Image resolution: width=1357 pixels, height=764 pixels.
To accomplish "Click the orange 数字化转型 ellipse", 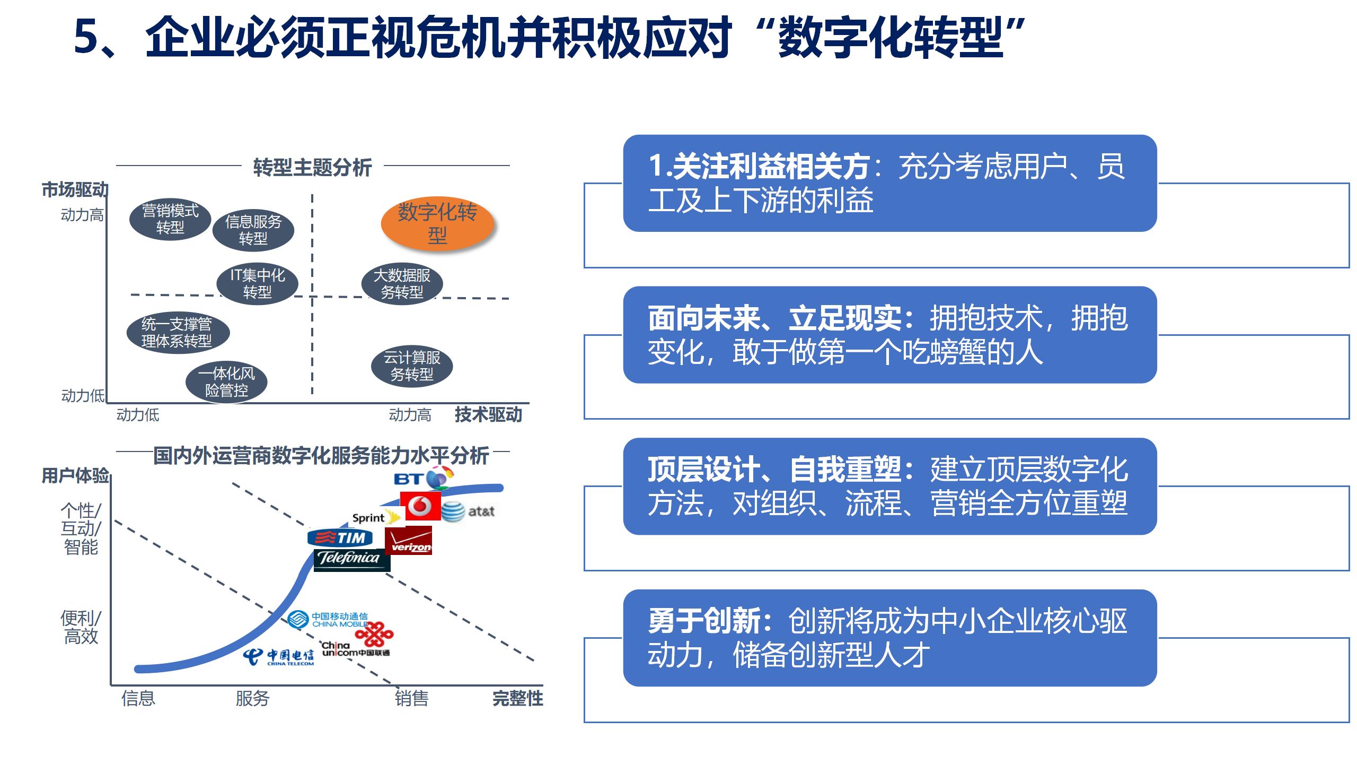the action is pos(437,224).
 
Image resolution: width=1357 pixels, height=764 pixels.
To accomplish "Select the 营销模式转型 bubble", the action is pos(170,219).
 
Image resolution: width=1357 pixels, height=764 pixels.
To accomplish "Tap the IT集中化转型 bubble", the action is pos(258,283).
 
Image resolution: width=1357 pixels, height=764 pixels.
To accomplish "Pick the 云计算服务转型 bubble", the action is pos(412,366).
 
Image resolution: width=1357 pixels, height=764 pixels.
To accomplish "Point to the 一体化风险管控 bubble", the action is pos(226,382).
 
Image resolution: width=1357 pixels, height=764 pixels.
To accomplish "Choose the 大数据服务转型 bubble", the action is pos(402,283).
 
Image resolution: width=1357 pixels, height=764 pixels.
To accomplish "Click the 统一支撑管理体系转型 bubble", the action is pos(178,332).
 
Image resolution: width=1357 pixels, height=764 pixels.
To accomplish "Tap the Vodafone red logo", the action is pos(420,506).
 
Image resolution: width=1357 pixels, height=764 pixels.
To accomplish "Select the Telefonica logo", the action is pos(352,559).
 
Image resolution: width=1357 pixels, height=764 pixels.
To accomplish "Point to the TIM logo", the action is pos(340,538).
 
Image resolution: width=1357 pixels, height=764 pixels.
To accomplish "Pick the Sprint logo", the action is pos(376,517).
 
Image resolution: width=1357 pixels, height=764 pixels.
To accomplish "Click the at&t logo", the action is pos(468,511).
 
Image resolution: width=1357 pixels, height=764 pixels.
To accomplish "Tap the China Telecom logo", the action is pos(279,657).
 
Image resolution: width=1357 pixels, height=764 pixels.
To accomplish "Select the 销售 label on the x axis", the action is pos(411,698).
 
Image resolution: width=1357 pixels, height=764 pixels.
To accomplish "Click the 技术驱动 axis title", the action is pos(488,414).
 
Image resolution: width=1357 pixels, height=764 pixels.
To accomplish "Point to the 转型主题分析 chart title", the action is pos(313,167).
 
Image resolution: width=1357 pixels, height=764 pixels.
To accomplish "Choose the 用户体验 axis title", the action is pos(75,475).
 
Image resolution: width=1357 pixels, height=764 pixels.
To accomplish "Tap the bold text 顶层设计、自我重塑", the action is pos(774,469).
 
